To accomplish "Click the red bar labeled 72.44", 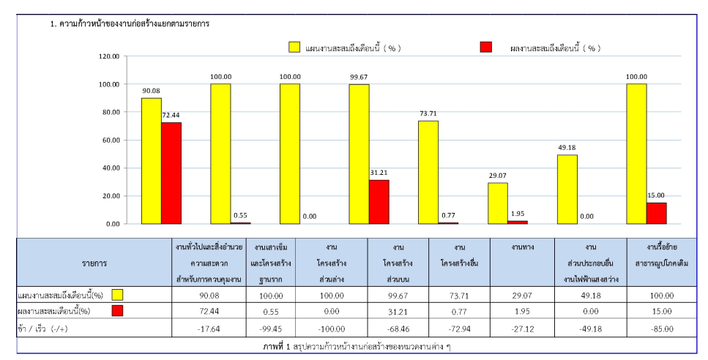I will click(x=171, y=173).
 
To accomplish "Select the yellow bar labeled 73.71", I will click(x=428, y=172).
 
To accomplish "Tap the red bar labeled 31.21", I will click(x=379, y=202).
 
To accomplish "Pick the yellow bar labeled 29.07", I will click(x=498, y=203).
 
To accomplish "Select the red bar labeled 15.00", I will click(x=656, y=213).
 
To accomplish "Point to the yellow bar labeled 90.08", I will click(x=152, y=161).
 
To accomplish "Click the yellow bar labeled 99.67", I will click(x=359, y=154).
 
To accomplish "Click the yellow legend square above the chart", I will click(x=294, y=48).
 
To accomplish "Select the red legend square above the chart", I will click(x=485, y=48).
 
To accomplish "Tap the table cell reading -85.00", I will click(x=661, y=329).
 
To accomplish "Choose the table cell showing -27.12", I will click(x=522, y=329).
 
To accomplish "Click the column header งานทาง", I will click(x=522, y=247).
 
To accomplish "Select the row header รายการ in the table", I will click(x=94, y=261).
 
